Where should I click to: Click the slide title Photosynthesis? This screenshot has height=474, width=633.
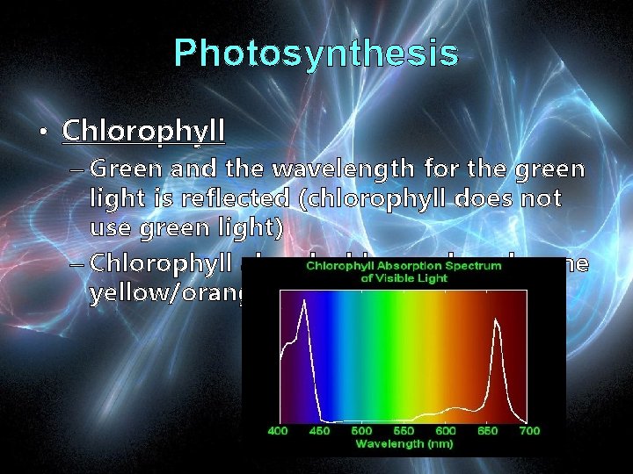point(316,54)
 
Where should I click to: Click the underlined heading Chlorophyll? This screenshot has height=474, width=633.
point(144,132)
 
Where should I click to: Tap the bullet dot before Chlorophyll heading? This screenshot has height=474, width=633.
point(42,133)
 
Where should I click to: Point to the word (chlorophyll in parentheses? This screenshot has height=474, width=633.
point(373,199)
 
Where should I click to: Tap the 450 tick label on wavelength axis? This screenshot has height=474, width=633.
point(321,431)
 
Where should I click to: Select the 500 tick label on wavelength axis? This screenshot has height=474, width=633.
point(361,431)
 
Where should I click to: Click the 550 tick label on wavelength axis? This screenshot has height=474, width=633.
point(404,431)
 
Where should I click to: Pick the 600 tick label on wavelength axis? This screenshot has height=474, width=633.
point(446,431)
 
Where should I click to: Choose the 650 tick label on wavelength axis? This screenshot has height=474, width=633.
point(487,431)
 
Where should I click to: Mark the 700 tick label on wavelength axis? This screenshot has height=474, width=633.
point(529,431)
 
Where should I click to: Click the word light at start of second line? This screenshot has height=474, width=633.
point(113,199)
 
